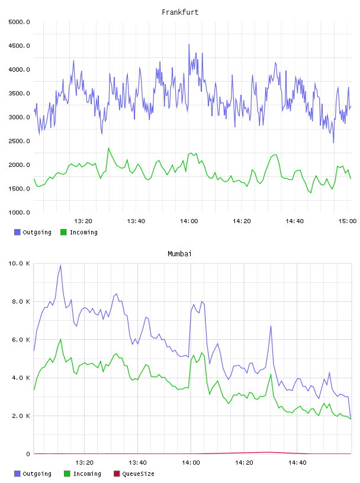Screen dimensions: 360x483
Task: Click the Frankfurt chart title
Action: pyautogui.click(x=180, y=12)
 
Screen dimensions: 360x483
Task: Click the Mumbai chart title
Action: pyautogui.click(x=179, y=254)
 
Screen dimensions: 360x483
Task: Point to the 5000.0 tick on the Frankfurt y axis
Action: pyautogui.click(x=19, y=22)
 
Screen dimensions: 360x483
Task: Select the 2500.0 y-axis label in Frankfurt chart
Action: pyautogui.click(x=19, y=141)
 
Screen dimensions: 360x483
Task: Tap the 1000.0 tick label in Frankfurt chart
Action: pyautogui.click(x=19, y=212)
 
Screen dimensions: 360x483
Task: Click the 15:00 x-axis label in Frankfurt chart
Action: pyautogui.click(x=348, y=221)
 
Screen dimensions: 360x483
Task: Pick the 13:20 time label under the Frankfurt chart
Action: pyautogui.click(x=83, y=221)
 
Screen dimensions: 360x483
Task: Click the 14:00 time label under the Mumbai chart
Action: pyautogui.click(x=191, y=463)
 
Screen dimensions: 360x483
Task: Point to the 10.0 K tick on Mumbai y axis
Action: pyautogui.click(x=19, y=263)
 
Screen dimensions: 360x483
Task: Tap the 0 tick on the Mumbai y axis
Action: pyautogui.click(x=28, y=454)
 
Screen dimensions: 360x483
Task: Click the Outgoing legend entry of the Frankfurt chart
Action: pyautogui.click(x=33, y=232)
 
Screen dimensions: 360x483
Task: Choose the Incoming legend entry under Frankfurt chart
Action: pyautogui.click(x=79, y=232)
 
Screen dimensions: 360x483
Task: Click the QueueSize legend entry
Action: pyautogui.click(x=134, y=474)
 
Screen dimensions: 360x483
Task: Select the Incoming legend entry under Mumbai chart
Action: pyautogui.click(x=83, y=474)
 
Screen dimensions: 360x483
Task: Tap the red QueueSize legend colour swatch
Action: pyautogui.click(x=117, y=474)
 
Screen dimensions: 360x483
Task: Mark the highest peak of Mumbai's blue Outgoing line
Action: pyautogui.click(x=60, y=265)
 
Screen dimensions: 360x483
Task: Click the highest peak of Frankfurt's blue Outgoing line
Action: pyautogui.click(x=189, y=44)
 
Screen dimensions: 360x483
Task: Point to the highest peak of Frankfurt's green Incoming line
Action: pyautogui.click(x=108, y=148)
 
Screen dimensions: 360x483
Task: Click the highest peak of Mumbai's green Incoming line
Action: pyautogui.click(x=60, y=339)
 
